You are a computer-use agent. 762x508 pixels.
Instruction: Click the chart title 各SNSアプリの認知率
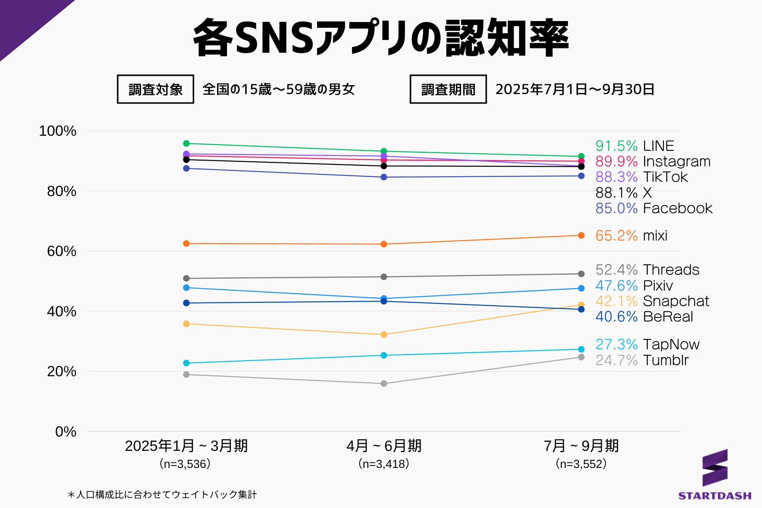point(381,37)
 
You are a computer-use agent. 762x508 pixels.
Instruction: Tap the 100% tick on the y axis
point(58,131)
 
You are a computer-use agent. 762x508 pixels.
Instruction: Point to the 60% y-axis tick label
point(62,251)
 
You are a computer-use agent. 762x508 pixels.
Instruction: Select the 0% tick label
point(66,431)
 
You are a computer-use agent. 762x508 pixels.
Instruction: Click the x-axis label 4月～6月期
point(384,446)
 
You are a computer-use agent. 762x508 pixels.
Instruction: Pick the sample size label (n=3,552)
point(581,464)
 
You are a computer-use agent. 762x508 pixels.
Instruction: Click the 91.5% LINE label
point(634,146)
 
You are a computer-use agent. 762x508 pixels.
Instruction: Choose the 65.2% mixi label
point(631,235)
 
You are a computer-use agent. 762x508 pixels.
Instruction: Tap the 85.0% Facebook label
point(654,208)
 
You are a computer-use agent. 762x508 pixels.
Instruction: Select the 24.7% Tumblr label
point(642,360)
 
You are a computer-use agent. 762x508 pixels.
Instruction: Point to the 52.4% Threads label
point(647,269)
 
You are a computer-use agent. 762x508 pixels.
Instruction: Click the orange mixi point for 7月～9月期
point(581,235)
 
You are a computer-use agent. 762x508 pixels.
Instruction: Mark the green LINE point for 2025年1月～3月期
point(187,143)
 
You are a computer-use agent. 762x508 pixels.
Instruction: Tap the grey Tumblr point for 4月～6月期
point(384,383)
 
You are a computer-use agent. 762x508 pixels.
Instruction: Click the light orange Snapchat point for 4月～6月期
point(384,335)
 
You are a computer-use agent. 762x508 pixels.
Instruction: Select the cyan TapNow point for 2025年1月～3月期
point(187,363)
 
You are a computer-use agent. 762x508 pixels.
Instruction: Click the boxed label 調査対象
point(156,89)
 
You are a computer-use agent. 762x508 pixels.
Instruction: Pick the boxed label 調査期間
point(448,89)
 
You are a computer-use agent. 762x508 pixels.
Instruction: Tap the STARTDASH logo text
point(714,496)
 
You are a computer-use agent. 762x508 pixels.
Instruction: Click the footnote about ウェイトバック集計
point(162,495)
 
